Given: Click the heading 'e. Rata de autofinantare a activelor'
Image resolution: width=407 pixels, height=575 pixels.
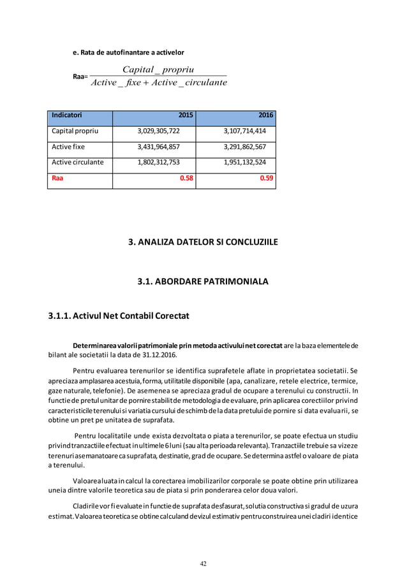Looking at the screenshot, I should click(128, 52).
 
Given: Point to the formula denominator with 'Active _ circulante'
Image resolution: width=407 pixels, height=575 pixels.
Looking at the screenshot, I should click(158, 83).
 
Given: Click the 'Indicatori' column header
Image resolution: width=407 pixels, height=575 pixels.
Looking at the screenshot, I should click(67, 115).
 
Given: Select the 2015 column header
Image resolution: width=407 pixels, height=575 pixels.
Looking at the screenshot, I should click(186, 115).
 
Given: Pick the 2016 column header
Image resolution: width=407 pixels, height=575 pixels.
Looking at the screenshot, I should click(266, 115).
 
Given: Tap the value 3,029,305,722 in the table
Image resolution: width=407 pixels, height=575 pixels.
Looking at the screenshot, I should click(158, 131).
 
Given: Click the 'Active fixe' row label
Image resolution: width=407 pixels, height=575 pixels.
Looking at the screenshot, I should click(68, 147).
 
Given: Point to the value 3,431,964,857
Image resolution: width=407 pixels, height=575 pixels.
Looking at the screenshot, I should click(158, 147).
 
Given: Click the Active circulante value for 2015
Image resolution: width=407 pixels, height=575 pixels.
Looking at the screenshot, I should click(158, 163).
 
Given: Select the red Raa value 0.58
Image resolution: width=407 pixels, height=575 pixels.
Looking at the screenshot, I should click(186, 178).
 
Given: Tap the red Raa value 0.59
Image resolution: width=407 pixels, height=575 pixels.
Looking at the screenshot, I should click(267, 178).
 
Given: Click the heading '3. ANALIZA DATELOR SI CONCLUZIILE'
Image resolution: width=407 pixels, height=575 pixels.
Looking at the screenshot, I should click(203, 242).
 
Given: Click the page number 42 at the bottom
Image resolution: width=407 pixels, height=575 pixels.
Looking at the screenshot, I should click(204, 564).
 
